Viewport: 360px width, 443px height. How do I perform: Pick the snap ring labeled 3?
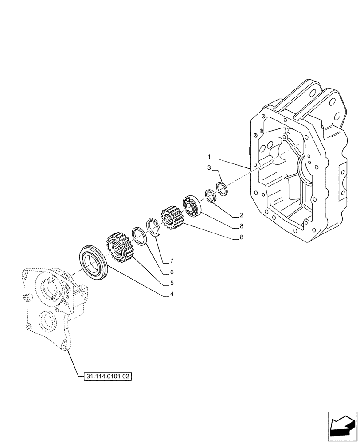pos(223,188)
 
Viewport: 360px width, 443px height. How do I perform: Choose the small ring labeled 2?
pos(210,196)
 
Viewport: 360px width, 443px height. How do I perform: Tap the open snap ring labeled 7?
pos(153,226)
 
